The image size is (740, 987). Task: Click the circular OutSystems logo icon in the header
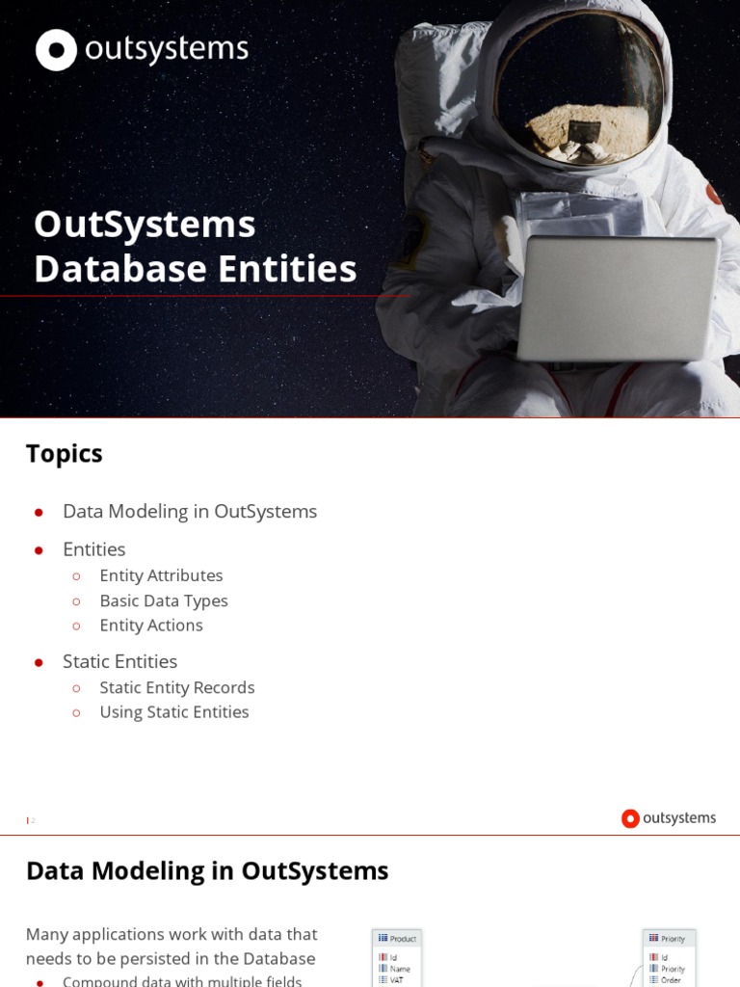(56, 50)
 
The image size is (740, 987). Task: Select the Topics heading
(64, 454)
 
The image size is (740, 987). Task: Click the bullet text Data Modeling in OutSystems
(190, 512)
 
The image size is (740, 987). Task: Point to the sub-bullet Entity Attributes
(161, 575)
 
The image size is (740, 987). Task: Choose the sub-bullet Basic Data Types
(164, 600)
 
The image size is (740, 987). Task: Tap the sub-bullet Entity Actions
(151, 626)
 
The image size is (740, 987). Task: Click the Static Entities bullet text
(119, 662)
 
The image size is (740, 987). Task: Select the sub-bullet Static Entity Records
(177, 687)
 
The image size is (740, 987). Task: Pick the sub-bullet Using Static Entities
(174, 712)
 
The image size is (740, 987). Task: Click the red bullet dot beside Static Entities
(40, 662)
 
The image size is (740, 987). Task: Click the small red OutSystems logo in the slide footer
(630, 818)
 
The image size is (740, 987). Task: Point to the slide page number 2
(32, 820)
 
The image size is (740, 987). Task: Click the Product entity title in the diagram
(403, 939)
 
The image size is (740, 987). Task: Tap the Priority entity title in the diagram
(673, 939)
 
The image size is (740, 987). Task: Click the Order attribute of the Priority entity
(671, 979)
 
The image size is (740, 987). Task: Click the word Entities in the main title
(288, 269)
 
